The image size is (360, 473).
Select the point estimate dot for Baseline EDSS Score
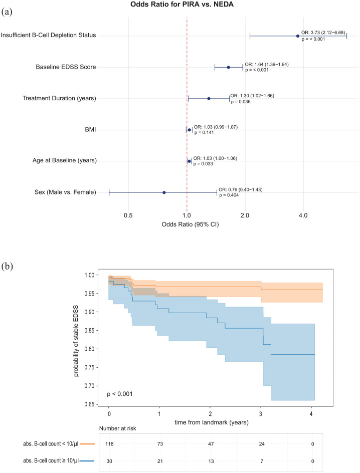[x=229, y=67]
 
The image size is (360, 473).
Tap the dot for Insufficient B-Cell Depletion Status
[x=297, y=36]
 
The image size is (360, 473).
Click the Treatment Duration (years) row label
[x=60, y=98]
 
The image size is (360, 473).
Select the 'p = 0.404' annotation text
[x=229, y=195]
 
